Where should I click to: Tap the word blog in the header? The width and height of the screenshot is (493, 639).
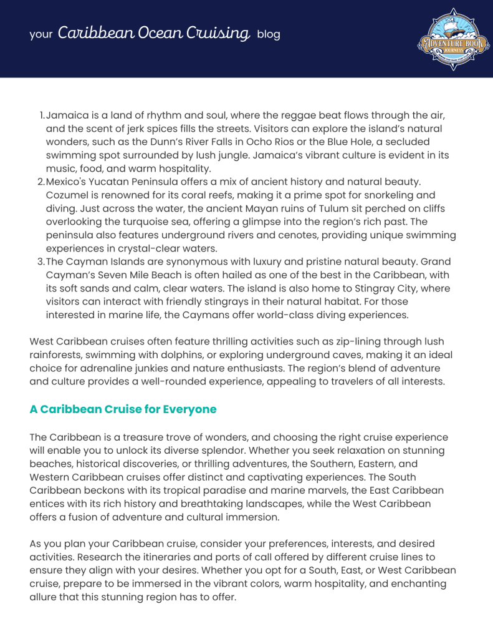[x=269, y=34]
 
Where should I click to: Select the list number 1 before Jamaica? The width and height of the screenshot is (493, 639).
[x=42, y=115]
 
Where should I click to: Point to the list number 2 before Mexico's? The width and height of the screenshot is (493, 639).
[x=41, y=182]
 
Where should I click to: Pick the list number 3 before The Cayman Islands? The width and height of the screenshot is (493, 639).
[x=41, y=261]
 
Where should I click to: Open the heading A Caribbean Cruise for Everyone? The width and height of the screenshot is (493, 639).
[x=123, y=409]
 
